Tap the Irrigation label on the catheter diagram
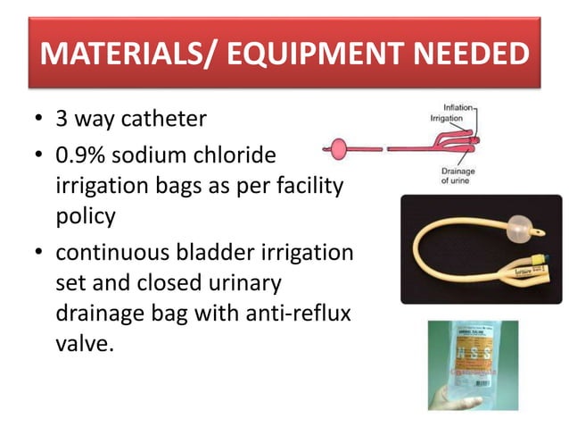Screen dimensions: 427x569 [445, 118]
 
